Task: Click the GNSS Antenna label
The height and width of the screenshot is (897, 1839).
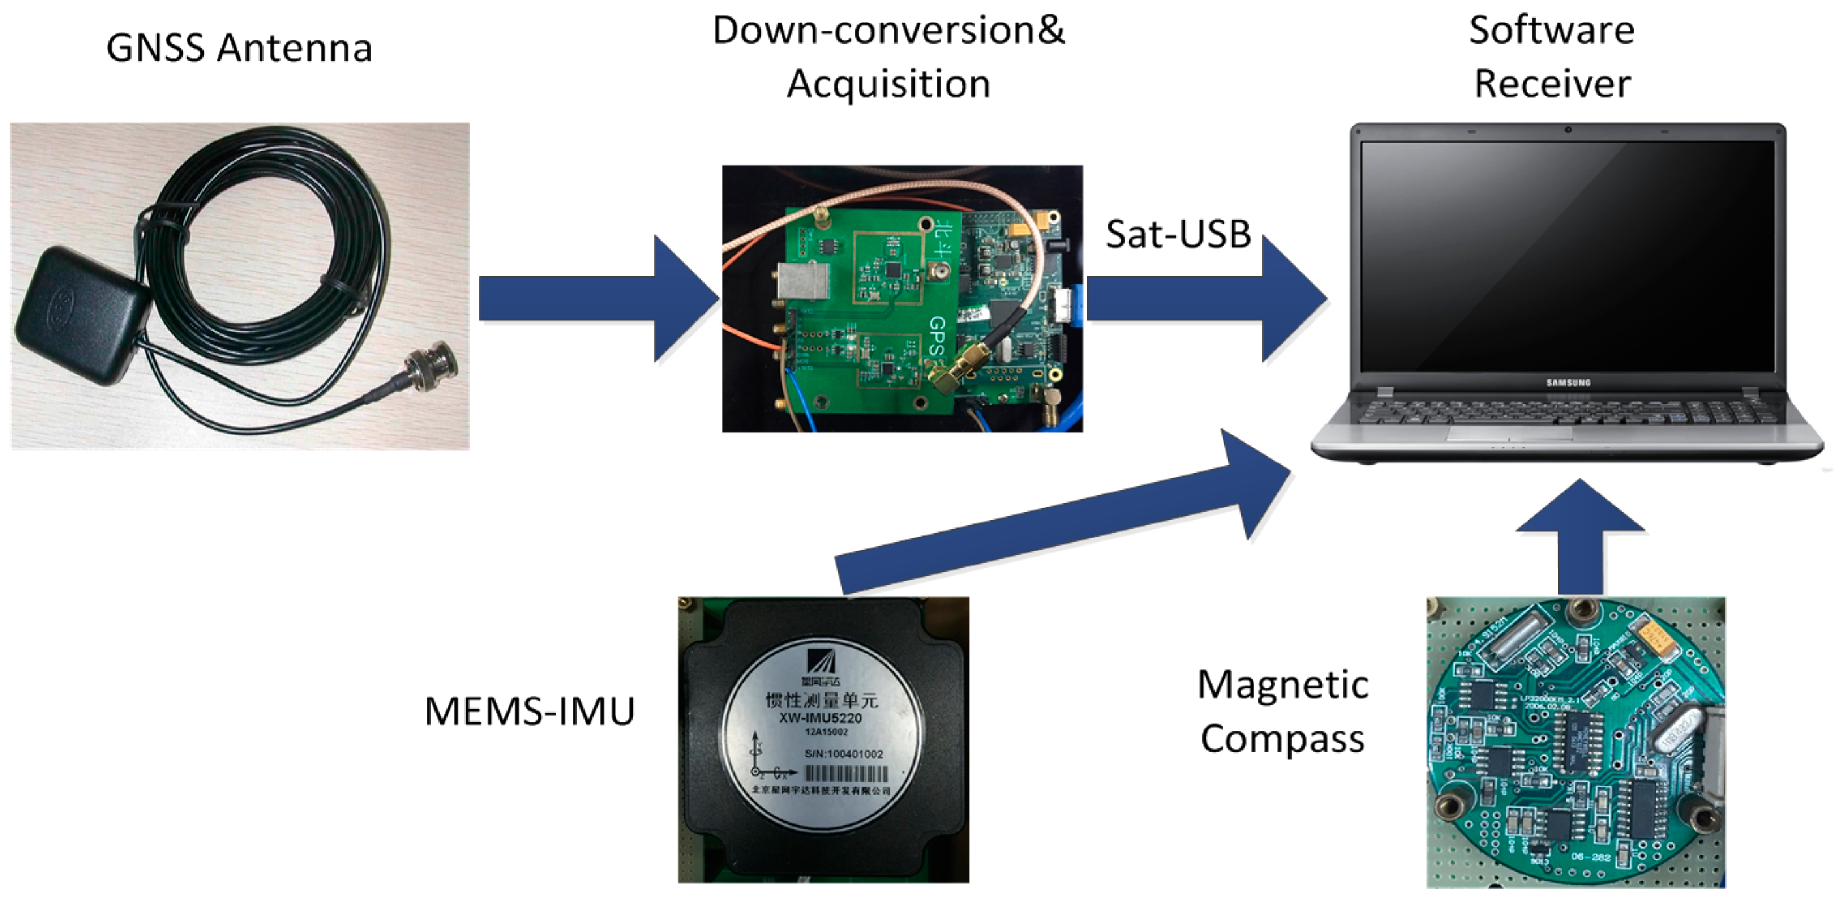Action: (x=239, y=48)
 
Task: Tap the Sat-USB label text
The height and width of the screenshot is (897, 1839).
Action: (x=1178, y=234)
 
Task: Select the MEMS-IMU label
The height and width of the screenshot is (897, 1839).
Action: (x=529, y=711)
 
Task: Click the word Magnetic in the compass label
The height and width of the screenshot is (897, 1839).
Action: (x=1283, y=685)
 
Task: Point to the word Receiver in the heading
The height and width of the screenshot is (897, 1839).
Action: (x=1552, y=84)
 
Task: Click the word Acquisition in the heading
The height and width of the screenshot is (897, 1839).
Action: (x=889, y=84)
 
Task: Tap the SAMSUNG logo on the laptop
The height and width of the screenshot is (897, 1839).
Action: (x=1568, y=383)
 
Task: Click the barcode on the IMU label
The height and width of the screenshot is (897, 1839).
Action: (x=847, y=774)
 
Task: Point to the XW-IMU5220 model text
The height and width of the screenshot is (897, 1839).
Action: (x=821, y=718)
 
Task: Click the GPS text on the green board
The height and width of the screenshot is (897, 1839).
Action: (x=937, y=335)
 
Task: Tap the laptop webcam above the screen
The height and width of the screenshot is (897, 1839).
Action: (x=1568, y=130)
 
